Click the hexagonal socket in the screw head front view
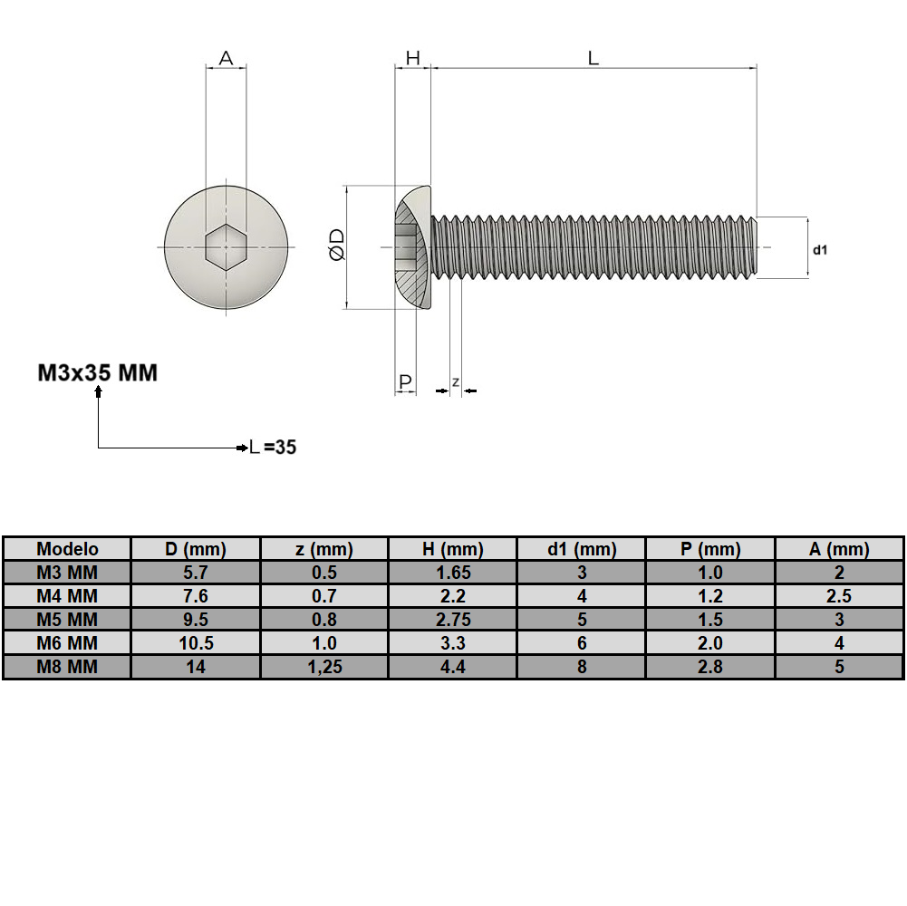pos(226,246)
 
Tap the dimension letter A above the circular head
pos(226,59)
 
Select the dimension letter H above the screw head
pos(412,59)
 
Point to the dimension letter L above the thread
pos(593,59)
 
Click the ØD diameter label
pos(336,246)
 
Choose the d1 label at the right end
pos(820,249)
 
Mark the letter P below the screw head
pos(405,381)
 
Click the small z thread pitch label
pos(456,381)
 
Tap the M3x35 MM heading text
pos(97,372)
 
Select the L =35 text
pos(273,448)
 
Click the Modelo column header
pos(67,549)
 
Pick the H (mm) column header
pos(452,549)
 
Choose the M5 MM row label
pos(67,620)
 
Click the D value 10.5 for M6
pos(196,643)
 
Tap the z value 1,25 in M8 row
pos(323,667)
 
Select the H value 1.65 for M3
pos(452,573)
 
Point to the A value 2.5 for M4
pos(839,596)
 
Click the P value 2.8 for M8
pos(710,667)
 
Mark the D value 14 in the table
pos(196,667)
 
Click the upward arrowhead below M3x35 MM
pos(98,392)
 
